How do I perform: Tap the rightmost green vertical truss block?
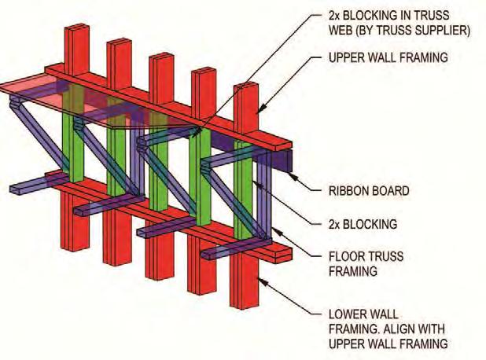244,204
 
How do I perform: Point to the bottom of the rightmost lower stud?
244,303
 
